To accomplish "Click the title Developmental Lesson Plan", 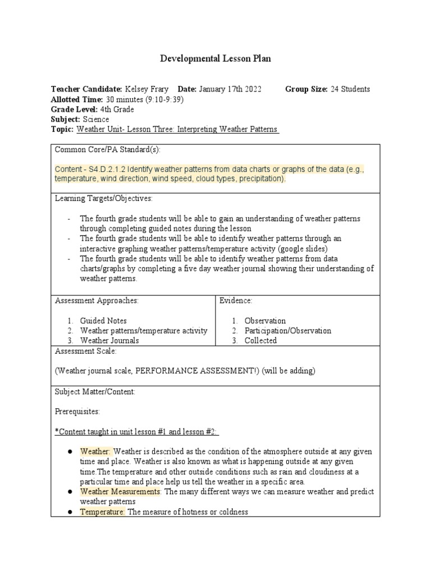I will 215,59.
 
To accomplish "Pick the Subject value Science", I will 96,120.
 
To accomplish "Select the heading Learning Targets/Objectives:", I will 104,198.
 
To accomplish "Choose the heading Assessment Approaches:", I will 97,301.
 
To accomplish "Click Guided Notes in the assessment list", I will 103,321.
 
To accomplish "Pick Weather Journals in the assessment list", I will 109,340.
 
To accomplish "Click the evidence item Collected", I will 260,340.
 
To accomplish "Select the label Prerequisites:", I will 77,412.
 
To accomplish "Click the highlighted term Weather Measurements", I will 120,492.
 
